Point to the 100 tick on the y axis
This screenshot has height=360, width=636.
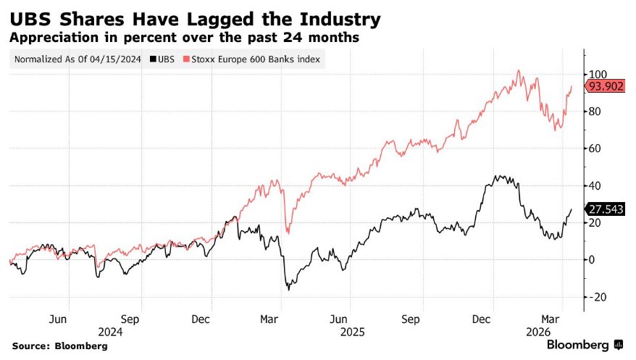tap(598, 74)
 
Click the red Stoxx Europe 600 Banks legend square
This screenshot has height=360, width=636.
tap(187, 60)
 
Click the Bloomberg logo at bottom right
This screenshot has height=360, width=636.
tap(583, 345)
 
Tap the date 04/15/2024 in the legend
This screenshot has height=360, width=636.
tap(115, 60)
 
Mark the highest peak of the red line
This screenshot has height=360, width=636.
tap(519, 70)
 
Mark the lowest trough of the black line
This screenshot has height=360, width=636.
tap(289, 290)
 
